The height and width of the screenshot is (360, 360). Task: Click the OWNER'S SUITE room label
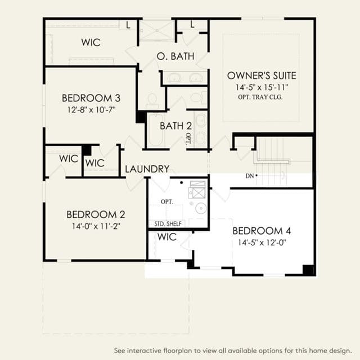tap(262, 75)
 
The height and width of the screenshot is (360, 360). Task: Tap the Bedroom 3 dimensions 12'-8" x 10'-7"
tap(91, 110)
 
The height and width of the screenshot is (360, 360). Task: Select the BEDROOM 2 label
tap(96, 215)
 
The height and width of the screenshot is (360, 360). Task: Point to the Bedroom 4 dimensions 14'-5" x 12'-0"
tap(262, 242)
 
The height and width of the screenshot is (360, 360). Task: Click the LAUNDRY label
tap(147, 169)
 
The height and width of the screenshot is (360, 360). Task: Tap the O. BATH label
tap(175, 56)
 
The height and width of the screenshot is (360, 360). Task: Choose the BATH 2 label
tap(175, 126)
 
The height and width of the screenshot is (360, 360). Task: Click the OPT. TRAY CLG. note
tap(260, 97)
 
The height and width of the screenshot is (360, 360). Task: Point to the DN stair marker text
tap(250, 176)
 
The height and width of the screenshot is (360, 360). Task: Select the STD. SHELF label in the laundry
tap(168, 224)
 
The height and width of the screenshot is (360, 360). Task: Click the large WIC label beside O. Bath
tap(91, 43)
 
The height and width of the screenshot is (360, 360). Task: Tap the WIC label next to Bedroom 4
tap(167, 237)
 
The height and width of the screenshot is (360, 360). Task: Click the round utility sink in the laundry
tap(201, 208)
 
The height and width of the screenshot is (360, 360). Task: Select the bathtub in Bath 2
tap(155, 130)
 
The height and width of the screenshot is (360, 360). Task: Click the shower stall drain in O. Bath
tap(157, 30)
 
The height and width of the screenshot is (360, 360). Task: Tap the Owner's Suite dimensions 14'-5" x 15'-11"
tap(262, 88)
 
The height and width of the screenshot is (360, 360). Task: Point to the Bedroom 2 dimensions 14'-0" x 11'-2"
tap(96, 226)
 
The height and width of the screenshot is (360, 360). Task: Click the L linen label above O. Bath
tap(192, 24)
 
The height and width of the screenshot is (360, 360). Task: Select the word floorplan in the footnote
tap(178, 350)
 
